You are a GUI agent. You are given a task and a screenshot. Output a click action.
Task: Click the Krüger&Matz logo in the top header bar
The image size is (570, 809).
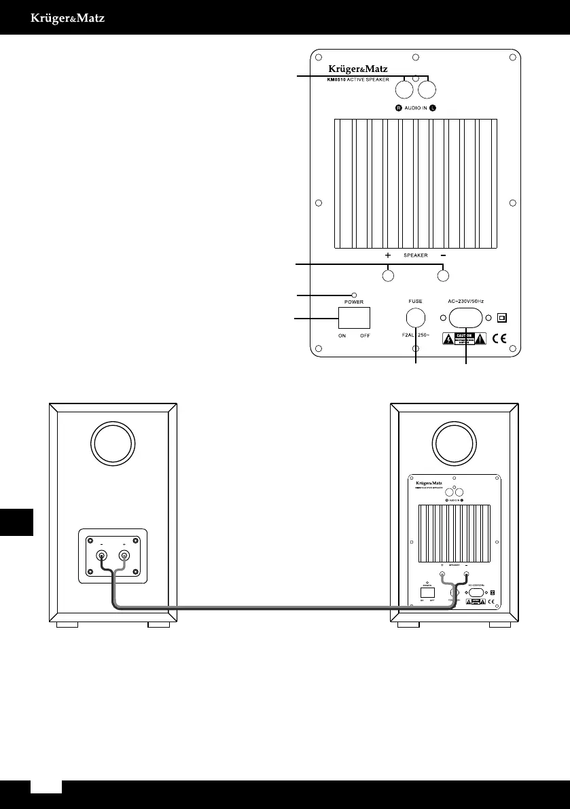click(x=67, y=18)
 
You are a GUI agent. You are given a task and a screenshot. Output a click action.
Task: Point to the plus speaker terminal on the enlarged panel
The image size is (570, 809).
click(x=388, y=276)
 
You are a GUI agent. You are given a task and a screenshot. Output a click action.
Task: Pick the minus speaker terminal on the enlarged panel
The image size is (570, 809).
click(x=443, y=276)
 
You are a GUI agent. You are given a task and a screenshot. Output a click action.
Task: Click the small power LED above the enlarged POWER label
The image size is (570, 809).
click(x=354, y=295)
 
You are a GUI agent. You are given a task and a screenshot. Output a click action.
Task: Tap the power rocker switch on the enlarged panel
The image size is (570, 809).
click(x=354, y=318)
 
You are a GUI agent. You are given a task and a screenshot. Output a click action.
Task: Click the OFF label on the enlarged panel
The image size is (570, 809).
click(x=366, y=336)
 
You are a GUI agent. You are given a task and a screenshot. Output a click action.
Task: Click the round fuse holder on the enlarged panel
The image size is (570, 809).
click(x=416, y=317)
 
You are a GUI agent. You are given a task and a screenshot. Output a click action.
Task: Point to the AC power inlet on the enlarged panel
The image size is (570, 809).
click(x=465, y=317)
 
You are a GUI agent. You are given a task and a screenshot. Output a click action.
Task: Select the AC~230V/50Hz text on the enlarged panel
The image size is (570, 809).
click(x=466, y=301)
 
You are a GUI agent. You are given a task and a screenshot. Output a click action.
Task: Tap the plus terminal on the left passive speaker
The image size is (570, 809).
click(x=124, y=556)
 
